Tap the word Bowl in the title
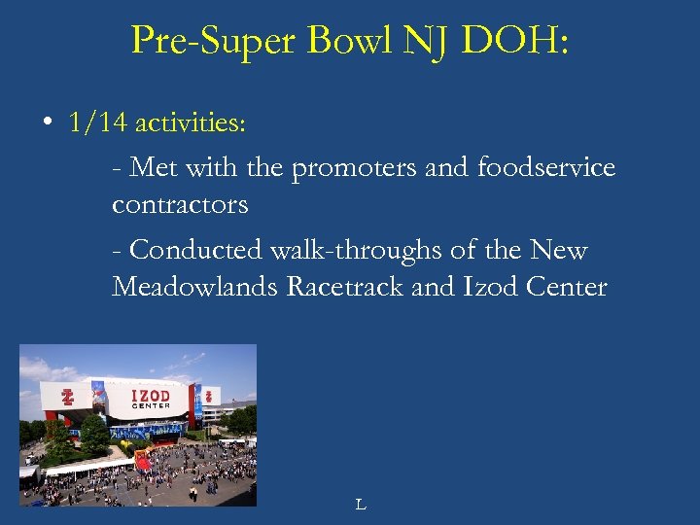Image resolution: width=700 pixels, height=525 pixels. click(336, 40)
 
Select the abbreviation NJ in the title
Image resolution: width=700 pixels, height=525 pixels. click(419, 40)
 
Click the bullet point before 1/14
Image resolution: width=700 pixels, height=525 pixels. click(46, 124)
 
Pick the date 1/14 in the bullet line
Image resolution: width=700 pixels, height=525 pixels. click(98, 123)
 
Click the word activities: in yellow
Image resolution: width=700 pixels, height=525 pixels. click(191, 124)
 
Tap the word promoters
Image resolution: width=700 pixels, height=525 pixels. click(355, 169)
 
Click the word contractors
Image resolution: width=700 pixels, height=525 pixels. click(180, 205)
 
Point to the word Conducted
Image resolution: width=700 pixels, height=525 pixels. click(187, 250)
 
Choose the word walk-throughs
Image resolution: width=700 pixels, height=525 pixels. click(363, 250)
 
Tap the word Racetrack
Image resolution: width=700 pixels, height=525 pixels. click(346, 287)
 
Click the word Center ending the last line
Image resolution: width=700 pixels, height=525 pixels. click(567, 287)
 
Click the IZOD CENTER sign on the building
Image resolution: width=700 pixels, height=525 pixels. click(151, 398)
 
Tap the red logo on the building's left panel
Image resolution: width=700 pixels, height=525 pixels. click(67, 397)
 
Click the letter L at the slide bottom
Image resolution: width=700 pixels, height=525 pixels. click(360, 504)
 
